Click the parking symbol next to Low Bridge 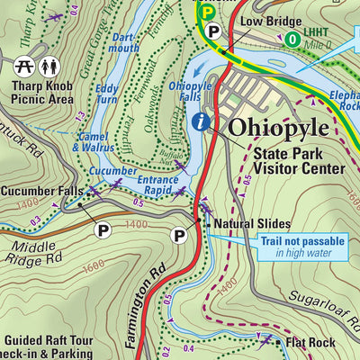[x=213, y=31]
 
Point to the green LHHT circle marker [x=292, y=39]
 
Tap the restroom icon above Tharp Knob [x=49, y=67]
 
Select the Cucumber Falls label [x=41, y=191]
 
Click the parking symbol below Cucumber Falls [x=103, y=230]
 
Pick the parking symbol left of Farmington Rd [x=179, y=236]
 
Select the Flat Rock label [x=310, y=343]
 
